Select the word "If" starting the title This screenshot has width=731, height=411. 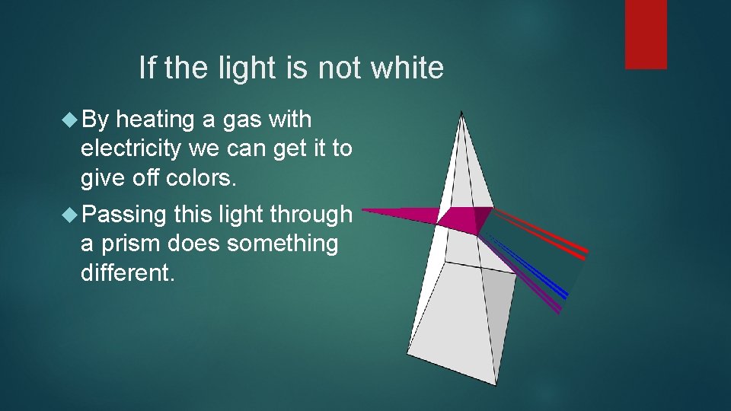(x=147, y=68)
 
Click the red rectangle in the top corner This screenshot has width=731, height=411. (x=646, y=34)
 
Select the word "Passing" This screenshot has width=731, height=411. (x=123, y=215)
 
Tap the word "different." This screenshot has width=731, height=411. (x=127, y=272)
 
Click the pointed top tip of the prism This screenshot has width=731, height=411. (x=461, y=114)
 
